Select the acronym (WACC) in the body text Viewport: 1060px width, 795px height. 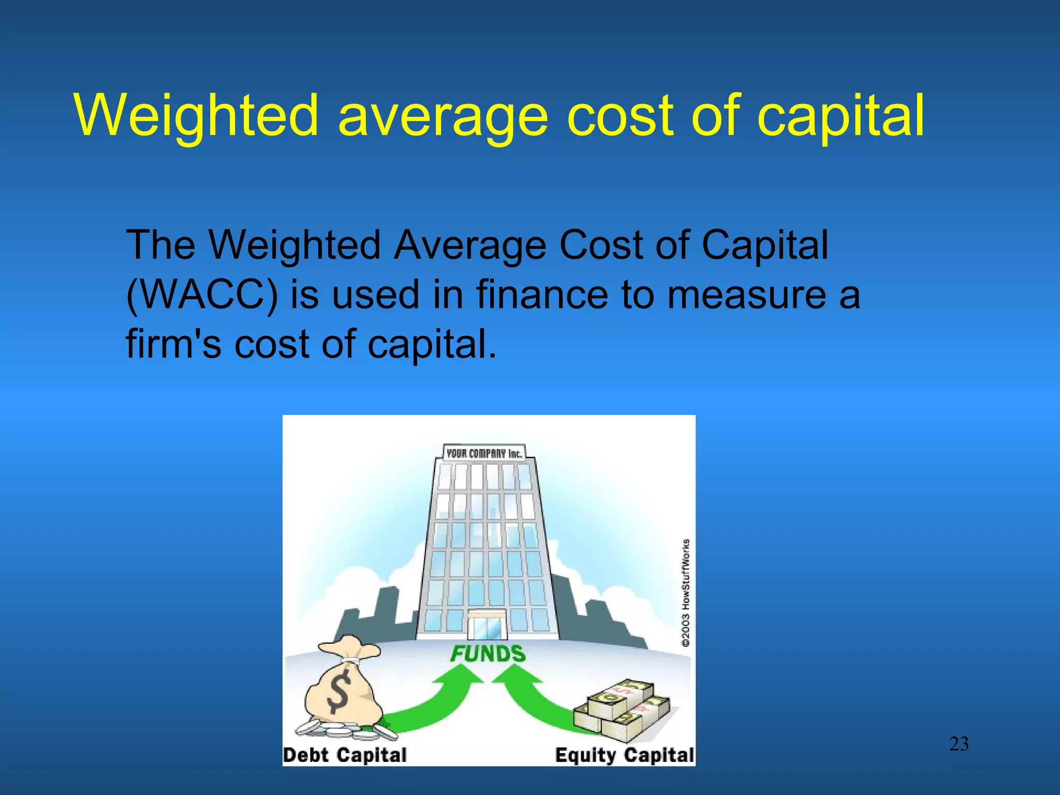[202, 295]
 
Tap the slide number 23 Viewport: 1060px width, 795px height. [959, 744]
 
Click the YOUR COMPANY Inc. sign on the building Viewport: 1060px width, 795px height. [484, 453]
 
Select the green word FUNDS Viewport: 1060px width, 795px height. [488, 654]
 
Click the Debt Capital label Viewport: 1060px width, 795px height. [345, 755]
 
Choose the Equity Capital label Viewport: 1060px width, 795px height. [624, 755]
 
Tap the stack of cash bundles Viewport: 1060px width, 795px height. [621, 709]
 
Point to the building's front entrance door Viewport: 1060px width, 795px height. [487, 626]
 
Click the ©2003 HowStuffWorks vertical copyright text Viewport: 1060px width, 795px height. [686, 592]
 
